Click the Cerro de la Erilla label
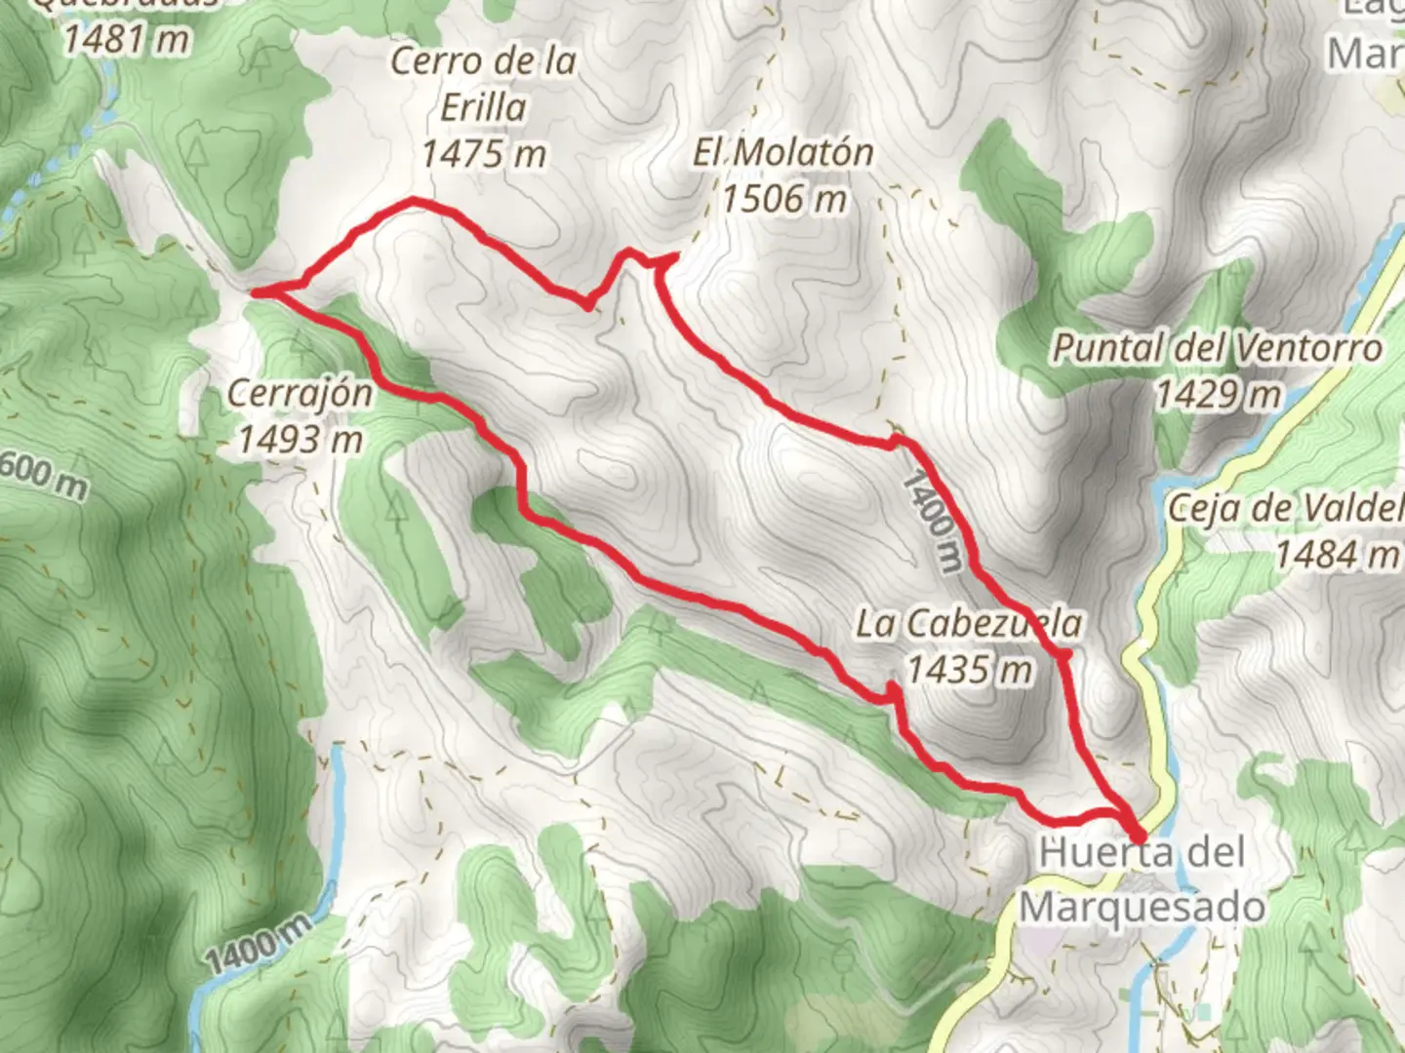pos(484,84)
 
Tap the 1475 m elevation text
pos(484,153)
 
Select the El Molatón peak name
pos(783,152)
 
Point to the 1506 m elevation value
pos(783,199)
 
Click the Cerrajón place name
pos(300,394)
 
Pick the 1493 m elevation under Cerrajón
pos(300,440)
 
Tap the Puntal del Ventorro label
pos(1217,348)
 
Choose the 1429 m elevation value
pos(1217,395)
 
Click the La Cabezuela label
pos(969,623)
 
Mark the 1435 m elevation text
pos(969,670)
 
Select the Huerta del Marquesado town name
pos(1143,879)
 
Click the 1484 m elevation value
pos(1337,555)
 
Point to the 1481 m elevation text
pos(126,39)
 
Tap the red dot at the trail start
pos(1138,836)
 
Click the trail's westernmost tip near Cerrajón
pos(256,291)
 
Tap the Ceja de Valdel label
pos(1285,508)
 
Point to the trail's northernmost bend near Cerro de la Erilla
pos(415,201)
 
